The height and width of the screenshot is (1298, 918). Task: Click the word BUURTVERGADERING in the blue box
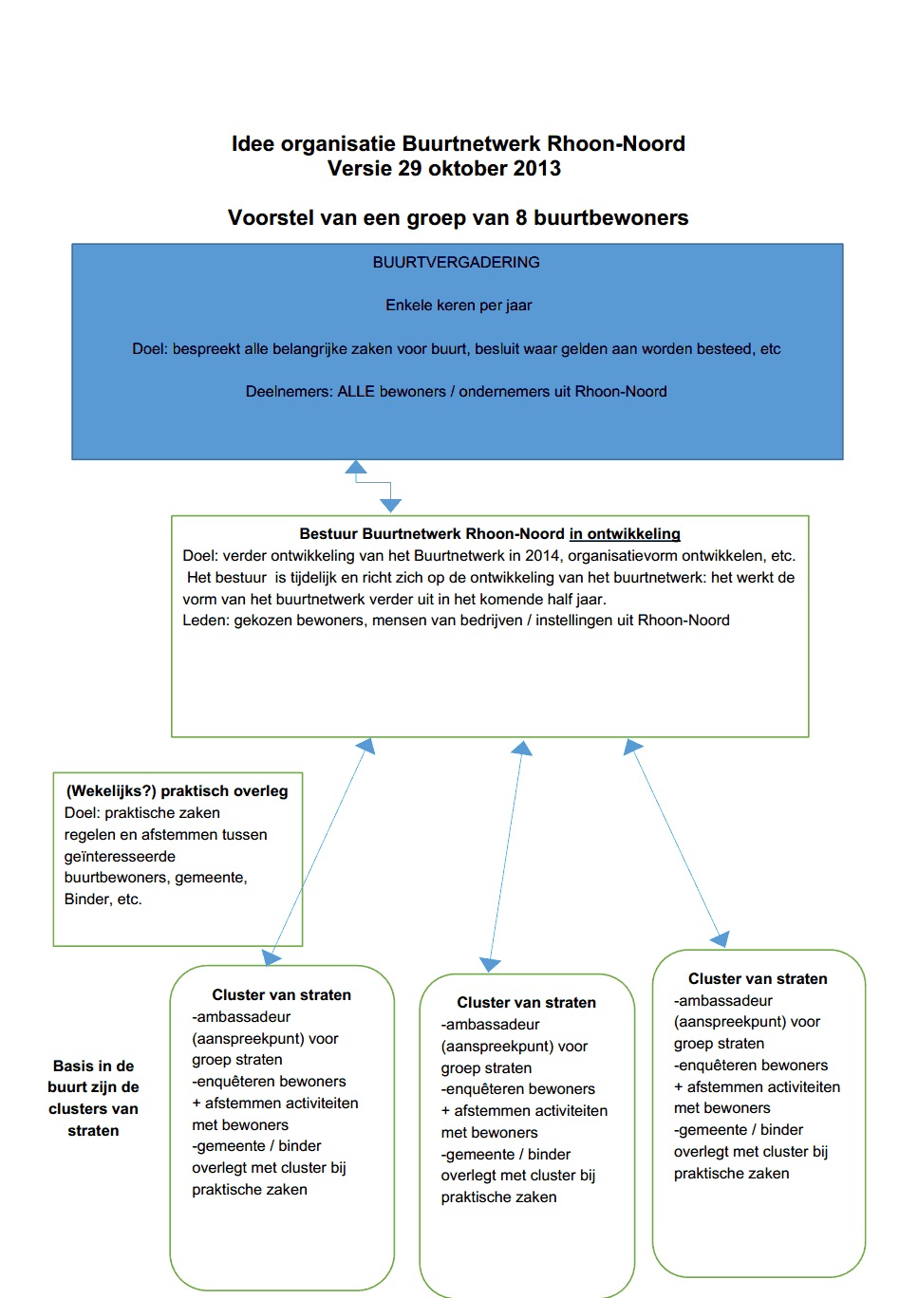coord(456,263)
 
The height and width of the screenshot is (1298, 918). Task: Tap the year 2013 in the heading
coord(536,169)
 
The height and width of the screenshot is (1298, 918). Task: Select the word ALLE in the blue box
coord(356,392)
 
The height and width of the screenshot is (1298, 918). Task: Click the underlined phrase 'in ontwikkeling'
coord(625,534)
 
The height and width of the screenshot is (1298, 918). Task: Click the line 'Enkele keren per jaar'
coord(459,306)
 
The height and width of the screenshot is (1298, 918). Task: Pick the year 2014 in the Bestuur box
coord(541,556)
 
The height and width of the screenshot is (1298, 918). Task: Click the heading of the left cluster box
coord(281,995)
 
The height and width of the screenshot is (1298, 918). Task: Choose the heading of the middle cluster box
coord(526,1003)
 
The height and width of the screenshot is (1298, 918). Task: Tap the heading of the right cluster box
coord(758,979)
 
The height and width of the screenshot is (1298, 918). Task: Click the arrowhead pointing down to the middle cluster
coord(490,964)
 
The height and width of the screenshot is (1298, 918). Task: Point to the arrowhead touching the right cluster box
coord(721,939)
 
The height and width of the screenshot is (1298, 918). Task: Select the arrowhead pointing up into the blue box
coord(356,467)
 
